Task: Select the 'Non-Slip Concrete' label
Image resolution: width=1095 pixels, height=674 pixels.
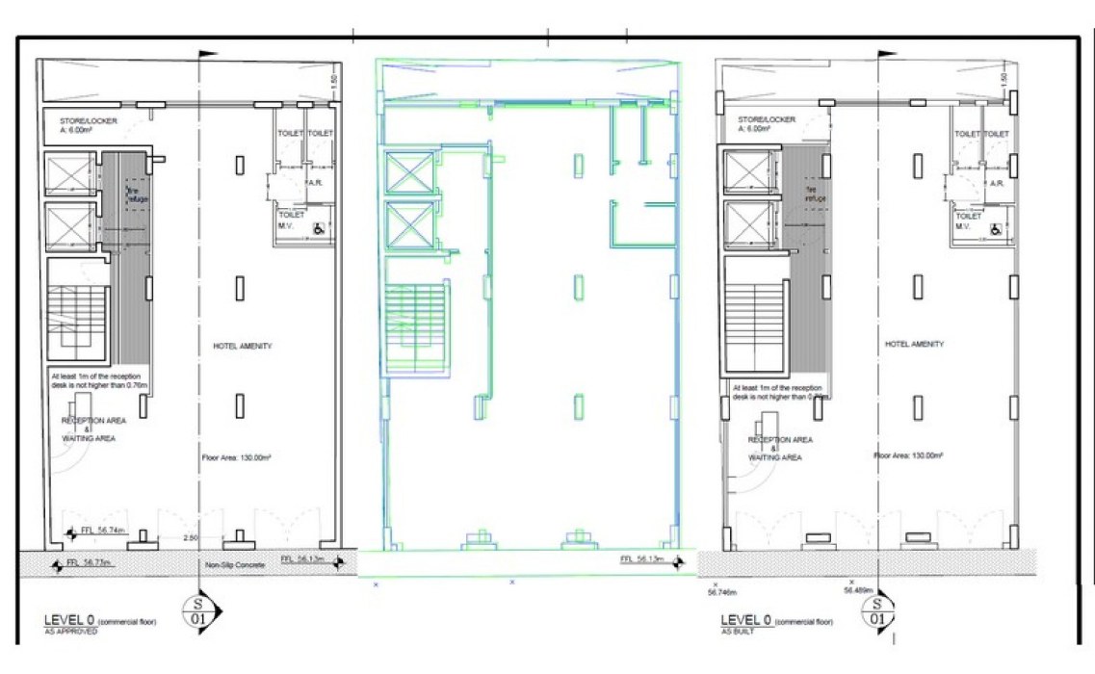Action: (234, 565)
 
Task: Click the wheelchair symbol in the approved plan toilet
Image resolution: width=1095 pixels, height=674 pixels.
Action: (317, 229)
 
